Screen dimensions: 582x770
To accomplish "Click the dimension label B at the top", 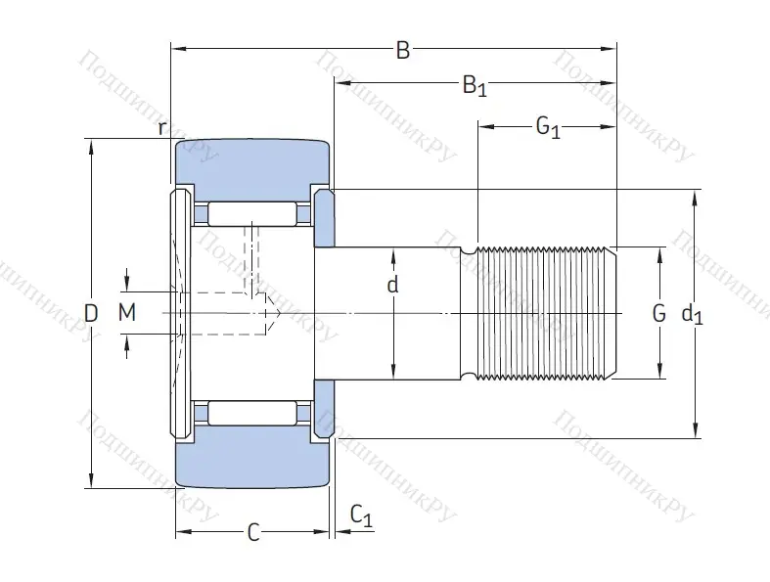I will pos(402,51).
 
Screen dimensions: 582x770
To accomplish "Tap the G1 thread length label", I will pos(548,127).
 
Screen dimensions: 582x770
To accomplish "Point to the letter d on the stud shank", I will pos(393,286).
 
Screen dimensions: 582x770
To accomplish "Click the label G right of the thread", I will pos(658,314).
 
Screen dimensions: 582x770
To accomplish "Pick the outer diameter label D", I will pos(91,314).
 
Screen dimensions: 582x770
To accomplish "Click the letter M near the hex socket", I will pos(126,313).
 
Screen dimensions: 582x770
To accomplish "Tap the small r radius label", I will pos(162,127).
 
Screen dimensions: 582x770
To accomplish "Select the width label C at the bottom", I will pos(252,532).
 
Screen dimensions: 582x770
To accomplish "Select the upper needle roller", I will pos(252,214).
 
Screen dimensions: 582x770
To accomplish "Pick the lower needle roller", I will pos(252,413).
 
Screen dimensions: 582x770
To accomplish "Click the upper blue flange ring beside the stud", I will pos(324,217).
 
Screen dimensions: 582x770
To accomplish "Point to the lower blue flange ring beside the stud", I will pos(324,409).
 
